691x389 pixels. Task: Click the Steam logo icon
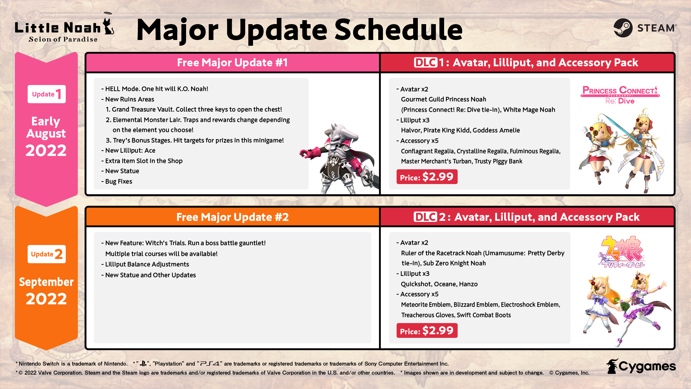623,28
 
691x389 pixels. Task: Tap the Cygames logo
641,366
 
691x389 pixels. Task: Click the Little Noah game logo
64,28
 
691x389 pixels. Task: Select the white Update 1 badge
47,94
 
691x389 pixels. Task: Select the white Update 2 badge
47,254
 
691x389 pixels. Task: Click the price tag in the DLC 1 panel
427,177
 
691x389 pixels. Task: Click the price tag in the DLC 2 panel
427,331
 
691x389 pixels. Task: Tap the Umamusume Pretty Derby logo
621,252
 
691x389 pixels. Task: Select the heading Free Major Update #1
232,63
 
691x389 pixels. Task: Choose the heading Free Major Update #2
232,217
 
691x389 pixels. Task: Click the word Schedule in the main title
398,30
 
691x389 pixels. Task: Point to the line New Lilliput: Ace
128,151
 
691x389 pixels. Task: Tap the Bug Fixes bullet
117,182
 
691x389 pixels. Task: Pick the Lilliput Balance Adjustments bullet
145,264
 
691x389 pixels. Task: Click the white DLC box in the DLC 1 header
425,63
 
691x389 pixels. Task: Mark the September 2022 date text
46,291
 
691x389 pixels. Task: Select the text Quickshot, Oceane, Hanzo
439,284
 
